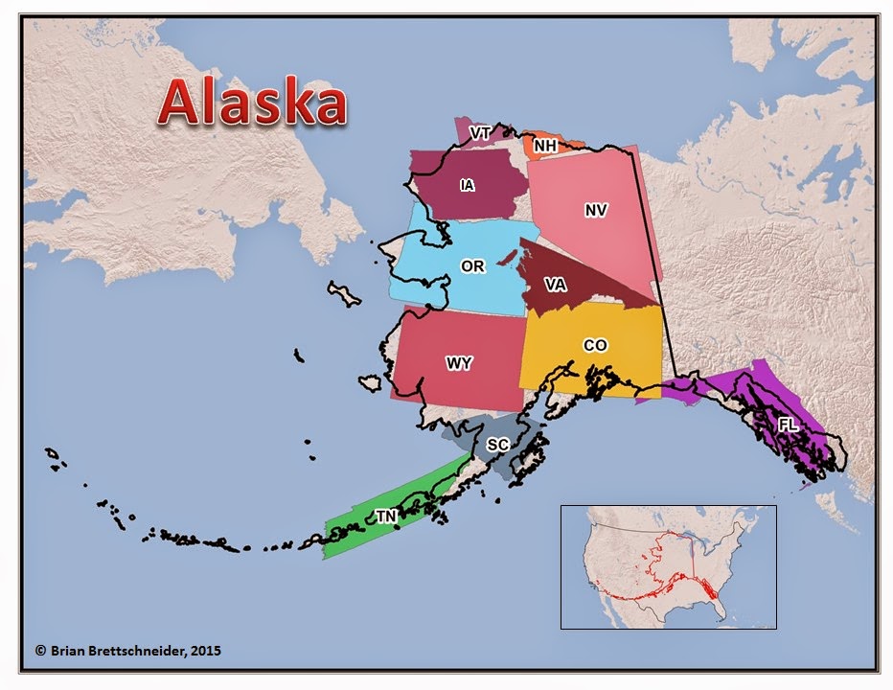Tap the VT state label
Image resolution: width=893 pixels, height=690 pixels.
(x=480, y=131)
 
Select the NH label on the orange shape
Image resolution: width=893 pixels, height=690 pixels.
(x=545, y=146)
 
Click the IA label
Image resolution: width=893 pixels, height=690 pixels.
(x=467, y=185)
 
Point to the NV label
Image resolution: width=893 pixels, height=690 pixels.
(x=596, y=210)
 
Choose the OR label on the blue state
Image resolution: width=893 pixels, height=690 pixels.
(x=472, y=266)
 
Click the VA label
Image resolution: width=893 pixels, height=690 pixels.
(x=555, y=284)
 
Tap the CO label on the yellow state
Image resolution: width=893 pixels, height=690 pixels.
(x=595, y=345)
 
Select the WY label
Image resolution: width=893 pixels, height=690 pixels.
(x=458, y=363)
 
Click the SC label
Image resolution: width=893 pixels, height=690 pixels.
(x=497, y=445)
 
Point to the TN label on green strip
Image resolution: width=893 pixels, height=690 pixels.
(x=386, y=517)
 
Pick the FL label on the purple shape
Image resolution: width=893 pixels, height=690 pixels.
(x=788, y=424)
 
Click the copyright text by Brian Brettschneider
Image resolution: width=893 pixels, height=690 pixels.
(x=128, y=651)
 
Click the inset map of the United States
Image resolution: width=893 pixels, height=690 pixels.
(x=668, y=566)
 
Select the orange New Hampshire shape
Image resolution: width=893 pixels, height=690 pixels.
(x=565, y=145)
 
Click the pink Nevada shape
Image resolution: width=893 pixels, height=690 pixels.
(x=584, y=240)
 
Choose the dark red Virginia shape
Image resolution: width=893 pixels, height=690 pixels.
(x=575, y=297)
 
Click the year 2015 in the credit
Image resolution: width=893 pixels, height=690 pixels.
(x=205, y=651)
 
